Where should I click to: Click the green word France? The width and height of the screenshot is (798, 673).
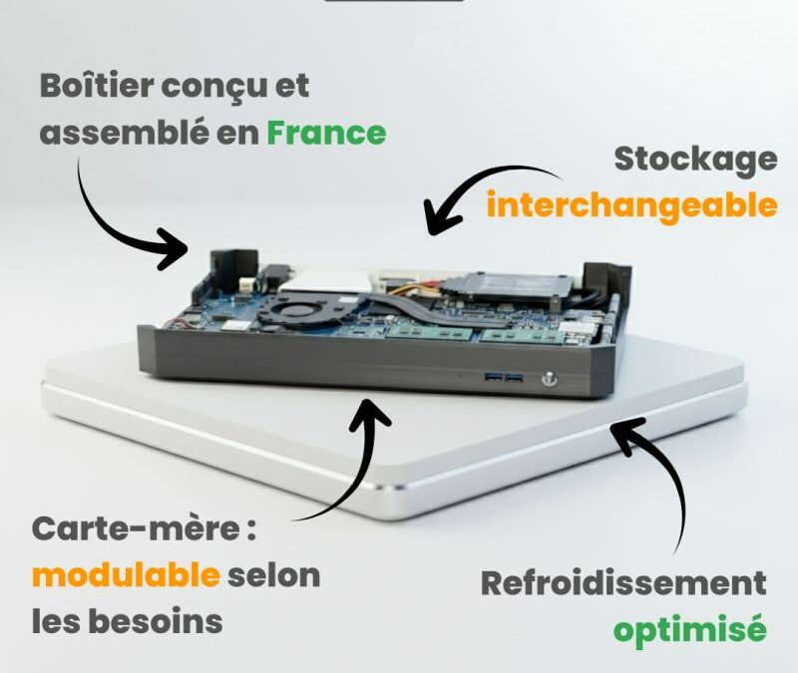click(x=325, y=134)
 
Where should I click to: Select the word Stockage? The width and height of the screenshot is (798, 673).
click(x=695, y=159)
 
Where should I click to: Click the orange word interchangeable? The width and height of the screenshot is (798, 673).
click(x=631, y=205)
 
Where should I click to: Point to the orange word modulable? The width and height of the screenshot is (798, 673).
click(x=125, y=575)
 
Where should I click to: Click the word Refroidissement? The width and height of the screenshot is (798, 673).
click(x=623, y=583)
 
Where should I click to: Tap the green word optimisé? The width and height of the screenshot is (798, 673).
click(x=688, y=630)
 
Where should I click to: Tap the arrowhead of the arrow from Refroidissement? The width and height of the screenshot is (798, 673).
click(x=624, y=432)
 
